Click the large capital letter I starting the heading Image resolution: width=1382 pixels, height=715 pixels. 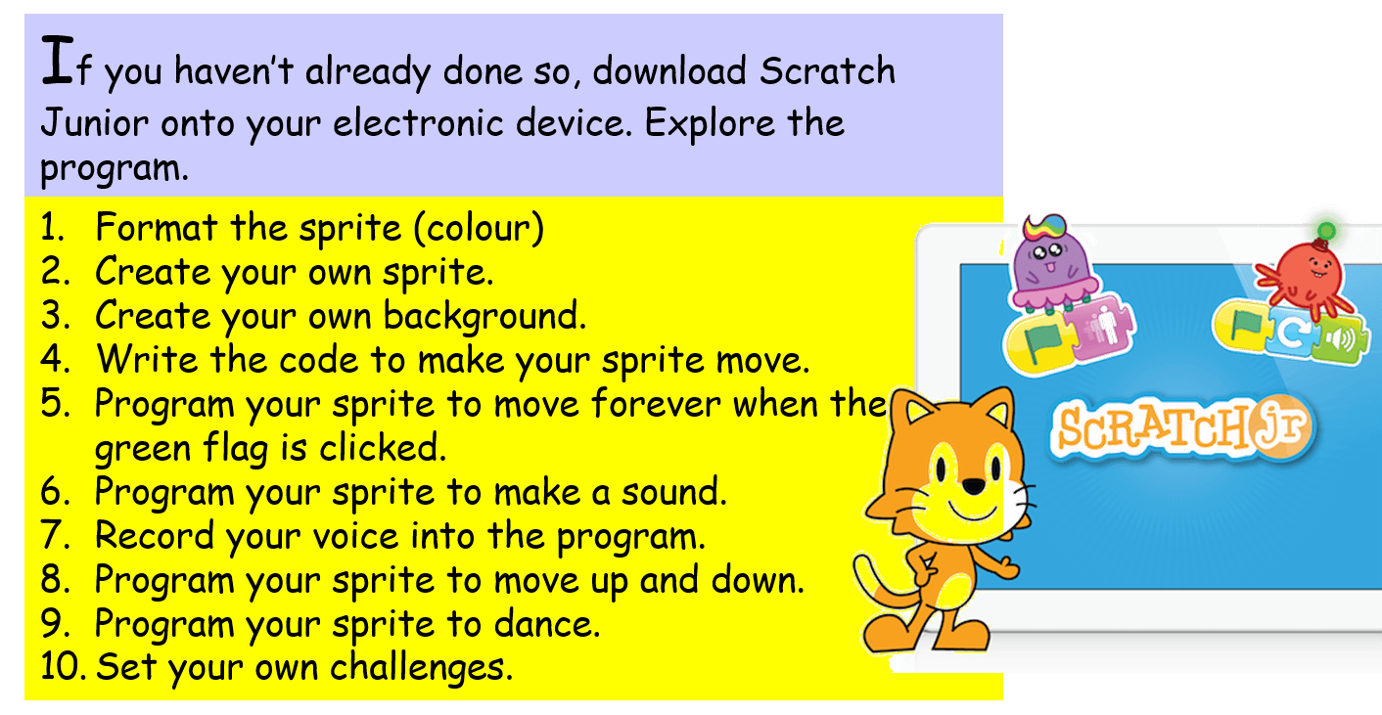[x=58, y=60]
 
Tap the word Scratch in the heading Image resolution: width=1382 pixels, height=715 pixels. [x=827, y=69]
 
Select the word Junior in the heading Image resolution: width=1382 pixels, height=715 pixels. [x=94, y=122]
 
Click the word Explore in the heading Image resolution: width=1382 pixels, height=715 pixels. [x=710, y=123]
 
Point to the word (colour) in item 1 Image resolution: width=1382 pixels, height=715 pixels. [x=479, y=228]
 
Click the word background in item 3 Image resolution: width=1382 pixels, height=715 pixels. [x=484, y=316]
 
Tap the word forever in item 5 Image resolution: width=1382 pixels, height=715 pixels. [x=656, y=404]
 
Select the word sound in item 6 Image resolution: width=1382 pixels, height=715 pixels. [x=673, y=492]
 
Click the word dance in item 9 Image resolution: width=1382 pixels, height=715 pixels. [x=546, y=624]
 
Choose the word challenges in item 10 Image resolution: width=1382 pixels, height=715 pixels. [x=421, y=668]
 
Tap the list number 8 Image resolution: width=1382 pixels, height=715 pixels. [x=54, y=580]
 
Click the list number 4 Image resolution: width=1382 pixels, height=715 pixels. [x=54, y=360]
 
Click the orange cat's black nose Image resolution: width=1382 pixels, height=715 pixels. [x=974, y=486]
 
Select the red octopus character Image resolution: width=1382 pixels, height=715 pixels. [x=1305, y=274]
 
